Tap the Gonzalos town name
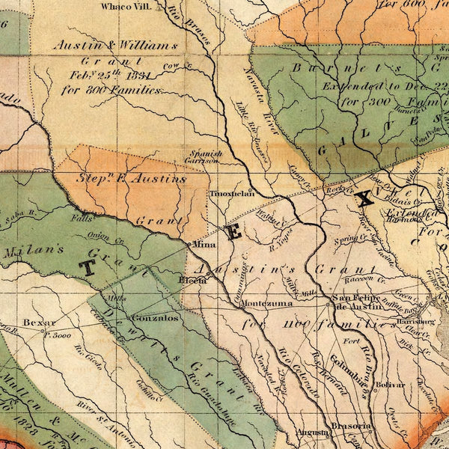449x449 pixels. pyautogui.click(x=154, y=317)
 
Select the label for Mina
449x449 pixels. pyautogui.click(x=204, y=245)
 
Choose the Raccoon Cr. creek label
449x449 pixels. pyautogui.click(x=358, y=278)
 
